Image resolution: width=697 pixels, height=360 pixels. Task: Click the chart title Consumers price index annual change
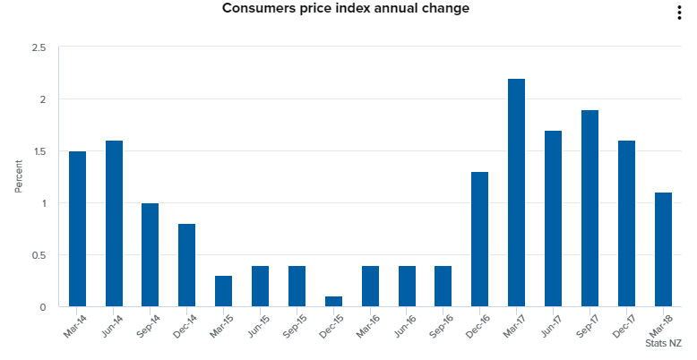click(345, 9)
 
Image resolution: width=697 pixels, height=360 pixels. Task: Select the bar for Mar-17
click(516, 193)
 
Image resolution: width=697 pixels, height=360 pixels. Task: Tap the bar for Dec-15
click(333, 301)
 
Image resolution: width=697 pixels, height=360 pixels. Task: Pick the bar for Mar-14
click(77, 229)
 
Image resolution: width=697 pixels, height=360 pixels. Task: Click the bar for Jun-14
click(114, 224)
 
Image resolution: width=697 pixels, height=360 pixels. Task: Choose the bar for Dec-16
click(479, 239)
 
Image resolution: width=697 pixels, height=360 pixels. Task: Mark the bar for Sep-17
click(589, 209)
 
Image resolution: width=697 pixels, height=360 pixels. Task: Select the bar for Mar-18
click(663, 250)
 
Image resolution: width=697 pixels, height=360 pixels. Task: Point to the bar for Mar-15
click(223, 291)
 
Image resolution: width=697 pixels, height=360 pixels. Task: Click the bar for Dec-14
click(186, 265)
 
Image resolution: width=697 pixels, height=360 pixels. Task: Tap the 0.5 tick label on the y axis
click(38, 255)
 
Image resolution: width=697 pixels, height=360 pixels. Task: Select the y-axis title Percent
click(18, 177)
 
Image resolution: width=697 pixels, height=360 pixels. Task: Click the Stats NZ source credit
click(663, 343)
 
